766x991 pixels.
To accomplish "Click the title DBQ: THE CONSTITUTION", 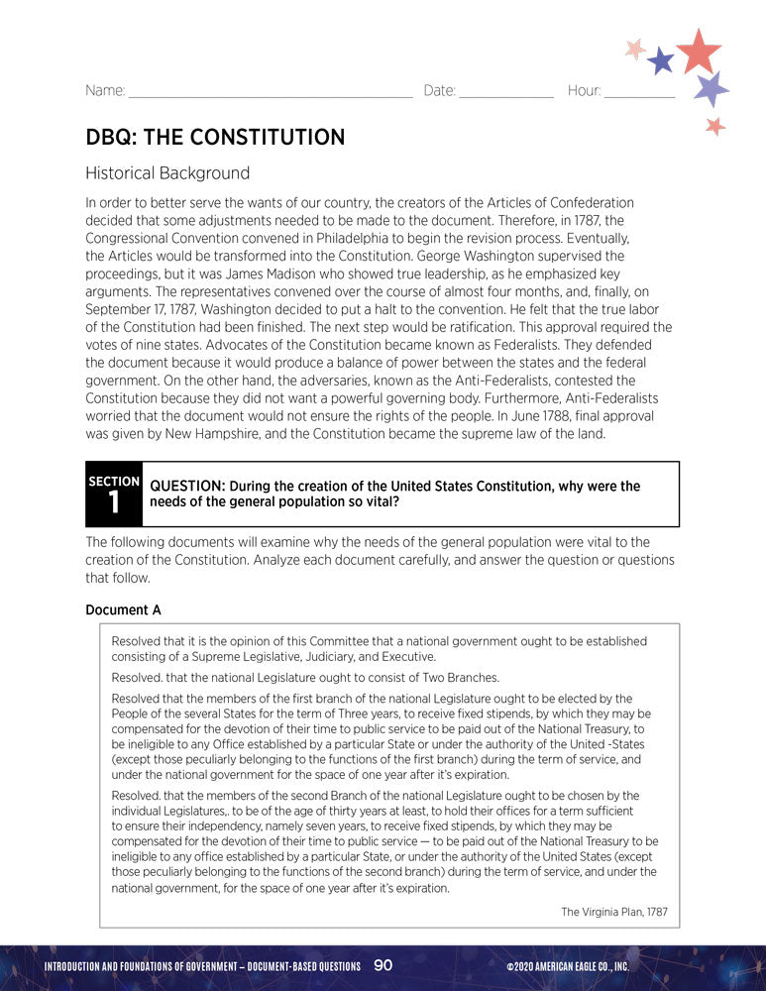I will coord(215,137).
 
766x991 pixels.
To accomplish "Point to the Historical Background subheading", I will coord(167,172).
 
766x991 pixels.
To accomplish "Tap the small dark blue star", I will coord(660,61).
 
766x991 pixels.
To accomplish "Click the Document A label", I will coord(123,608).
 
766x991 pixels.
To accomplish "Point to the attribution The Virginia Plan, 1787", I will coord(614,912).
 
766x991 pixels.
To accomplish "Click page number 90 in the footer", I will coord(383,965).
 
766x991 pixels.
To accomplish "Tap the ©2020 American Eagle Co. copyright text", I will coord(567,966).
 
